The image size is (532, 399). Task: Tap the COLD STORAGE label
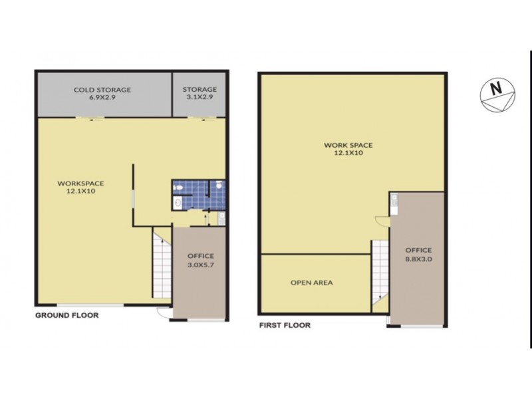tap(102, 90)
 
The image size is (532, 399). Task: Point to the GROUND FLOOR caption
tap(66, 316)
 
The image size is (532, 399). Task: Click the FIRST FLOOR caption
tap(284, 326)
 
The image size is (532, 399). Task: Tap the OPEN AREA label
tap(312, 283)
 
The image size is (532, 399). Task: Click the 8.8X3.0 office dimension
tap(419, 260)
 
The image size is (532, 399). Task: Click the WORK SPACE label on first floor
tap(348, 144)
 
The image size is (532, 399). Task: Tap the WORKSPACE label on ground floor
tap(80, 183)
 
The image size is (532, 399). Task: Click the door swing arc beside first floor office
tap(380, 221)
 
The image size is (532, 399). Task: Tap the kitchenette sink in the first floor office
tap(394, 198)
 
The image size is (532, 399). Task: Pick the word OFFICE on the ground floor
tap(200, 255)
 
